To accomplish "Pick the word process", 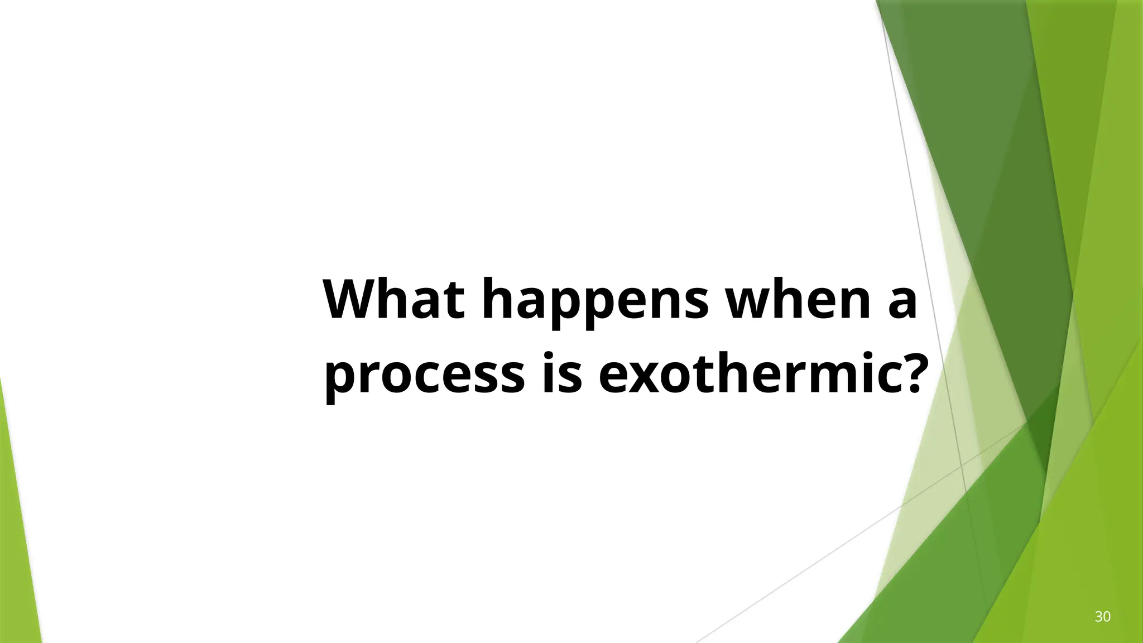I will click(424, 377).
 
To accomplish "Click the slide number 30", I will click(1102, 617).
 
